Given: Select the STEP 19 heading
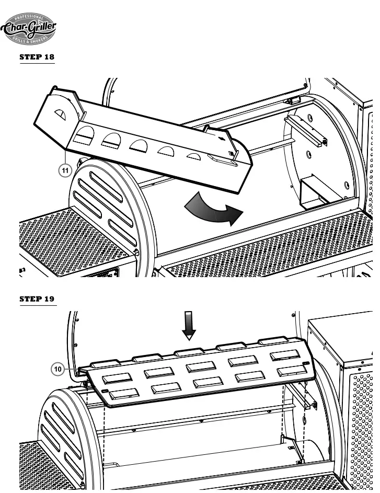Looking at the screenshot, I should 37,300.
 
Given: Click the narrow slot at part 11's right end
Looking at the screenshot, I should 220,156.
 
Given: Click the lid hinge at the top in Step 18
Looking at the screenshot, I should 292,99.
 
